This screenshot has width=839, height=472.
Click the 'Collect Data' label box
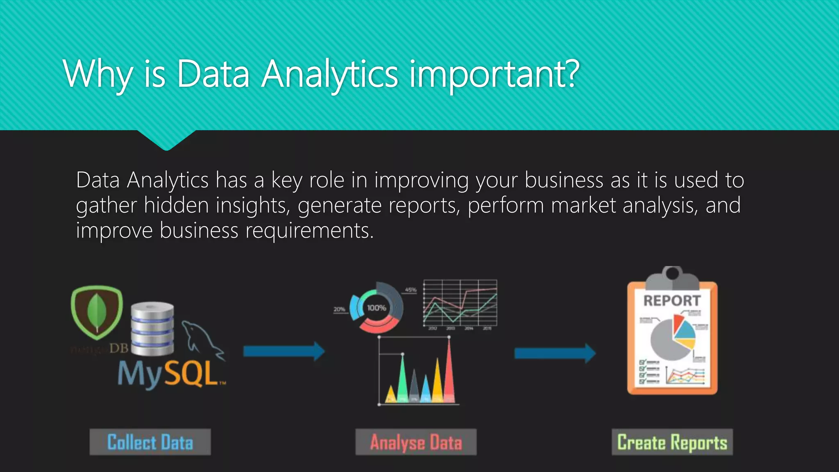point(150,442)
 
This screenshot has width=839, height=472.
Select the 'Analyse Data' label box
point(416,442)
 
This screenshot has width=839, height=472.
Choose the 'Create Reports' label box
point(672,442)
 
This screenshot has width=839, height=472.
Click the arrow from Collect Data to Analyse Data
point(283,351)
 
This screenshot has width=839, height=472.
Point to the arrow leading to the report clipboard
point(555,353)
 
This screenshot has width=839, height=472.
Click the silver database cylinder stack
point(152,329)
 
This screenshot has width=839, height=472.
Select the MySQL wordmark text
point(168,374)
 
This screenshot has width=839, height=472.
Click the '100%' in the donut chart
point(376,308)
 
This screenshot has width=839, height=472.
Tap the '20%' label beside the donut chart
point(339,309)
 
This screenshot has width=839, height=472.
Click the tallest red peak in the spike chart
point(449,369)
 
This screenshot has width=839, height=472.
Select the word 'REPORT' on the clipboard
point(672,301)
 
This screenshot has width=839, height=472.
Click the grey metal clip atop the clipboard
point(672,279)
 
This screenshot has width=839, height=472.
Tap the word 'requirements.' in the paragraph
point(309,230)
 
